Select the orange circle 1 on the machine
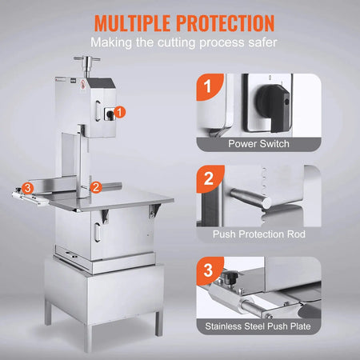[x=119, y=113]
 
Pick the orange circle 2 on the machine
[x=95, y=186]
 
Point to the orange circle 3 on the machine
[x=27, y=188]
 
